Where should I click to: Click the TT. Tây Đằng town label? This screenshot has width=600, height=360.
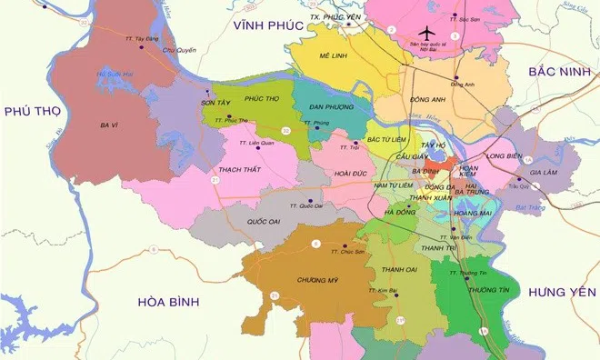click(141, 39)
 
